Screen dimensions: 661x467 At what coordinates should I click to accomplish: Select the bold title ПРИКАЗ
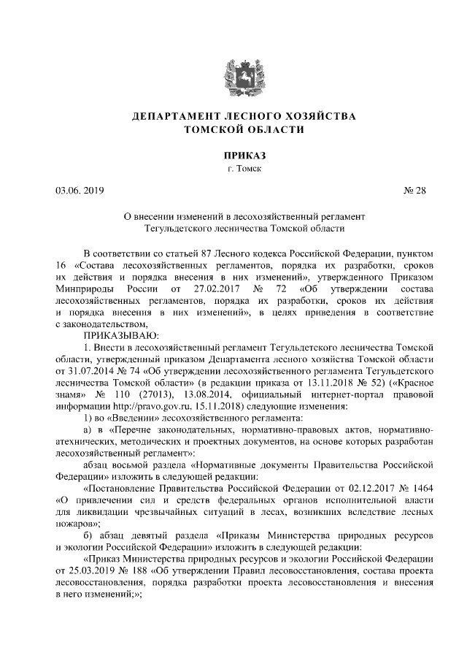(233, 156)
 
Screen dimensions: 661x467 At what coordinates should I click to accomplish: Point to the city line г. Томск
(233, 169)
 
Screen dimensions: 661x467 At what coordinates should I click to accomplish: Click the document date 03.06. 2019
(80, 191)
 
